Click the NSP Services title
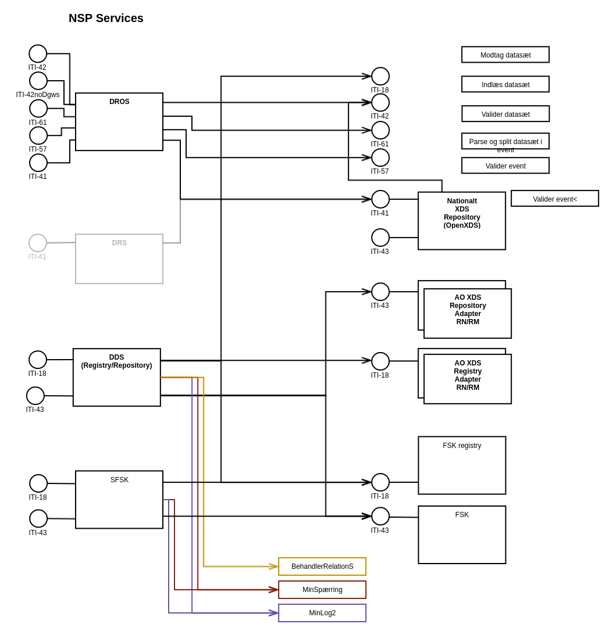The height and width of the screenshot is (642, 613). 106,18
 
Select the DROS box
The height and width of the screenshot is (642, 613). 119,121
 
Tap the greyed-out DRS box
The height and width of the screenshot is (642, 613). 119,259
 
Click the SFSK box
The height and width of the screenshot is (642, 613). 119,499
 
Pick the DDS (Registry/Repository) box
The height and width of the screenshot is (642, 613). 116,377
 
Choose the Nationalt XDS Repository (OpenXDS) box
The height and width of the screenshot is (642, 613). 462,221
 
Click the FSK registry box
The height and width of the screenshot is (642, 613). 462,465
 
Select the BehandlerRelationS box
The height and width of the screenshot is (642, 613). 322,566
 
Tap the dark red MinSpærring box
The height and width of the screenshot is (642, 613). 322,590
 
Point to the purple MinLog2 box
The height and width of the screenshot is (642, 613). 322,613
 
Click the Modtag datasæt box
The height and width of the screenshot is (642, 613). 505,55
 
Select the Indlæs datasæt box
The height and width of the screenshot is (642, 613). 505,84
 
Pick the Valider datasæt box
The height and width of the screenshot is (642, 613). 505,114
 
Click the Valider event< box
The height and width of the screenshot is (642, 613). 555,199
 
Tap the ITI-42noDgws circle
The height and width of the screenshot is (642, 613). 38,81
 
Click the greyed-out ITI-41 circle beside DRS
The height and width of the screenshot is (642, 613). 38,243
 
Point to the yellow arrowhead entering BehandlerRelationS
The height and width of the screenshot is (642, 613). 273,566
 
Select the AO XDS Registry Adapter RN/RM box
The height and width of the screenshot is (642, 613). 468,379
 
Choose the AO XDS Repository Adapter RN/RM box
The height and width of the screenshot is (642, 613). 468,313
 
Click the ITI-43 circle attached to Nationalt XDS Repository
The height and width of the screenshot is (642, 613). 380,238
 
